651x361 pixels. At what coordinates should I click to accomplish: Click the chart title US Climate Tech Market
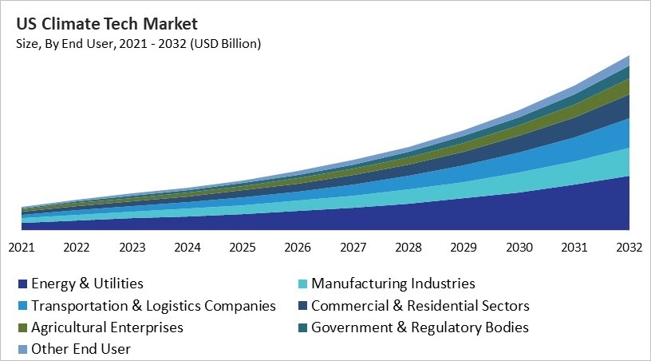[x=106, y=23]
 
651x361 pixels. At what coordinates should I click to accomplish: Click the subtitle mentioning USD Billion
[x=138, y=44]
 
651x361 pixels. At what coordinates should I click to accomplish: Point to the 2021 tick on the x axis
[x=22, y=248]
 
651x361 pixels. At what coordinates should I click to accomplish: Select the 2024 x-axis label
[x=187, y=248]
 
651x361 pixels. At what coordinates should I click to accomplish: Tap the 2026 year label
[x=298, y=248]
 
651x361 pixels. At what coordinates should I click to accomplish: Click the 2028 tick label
[x=408, y=248]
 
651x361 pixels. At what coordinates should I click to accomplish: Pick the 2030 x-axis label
[x=519, y=248]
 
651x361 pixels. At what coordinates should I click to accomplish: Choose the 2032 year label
[x=629, y=248]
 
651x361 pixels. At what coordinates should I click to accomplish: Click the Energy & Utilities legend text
[x=87, y=284]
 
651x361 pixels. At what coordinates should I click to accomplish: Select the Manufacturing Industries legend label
[x=393, y=284]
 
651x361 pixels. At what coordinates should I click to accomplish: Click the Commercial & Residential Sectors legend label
[x=420, y=306]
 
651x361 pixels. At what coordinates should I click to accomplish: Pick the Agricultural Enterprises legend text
[x=107, y=327]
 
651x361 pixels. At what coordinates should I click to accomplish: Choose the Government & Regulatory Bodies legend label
[x=420, y=327]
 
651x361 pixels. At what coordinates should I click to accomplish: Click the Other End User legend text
[x=81, y=349]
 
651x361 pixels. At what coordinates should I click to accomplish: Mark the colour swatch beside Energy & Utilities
[x=22, y=284]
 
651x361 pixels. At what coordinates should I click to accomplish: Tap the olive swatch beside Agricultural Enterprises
[x=22, y=328]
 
